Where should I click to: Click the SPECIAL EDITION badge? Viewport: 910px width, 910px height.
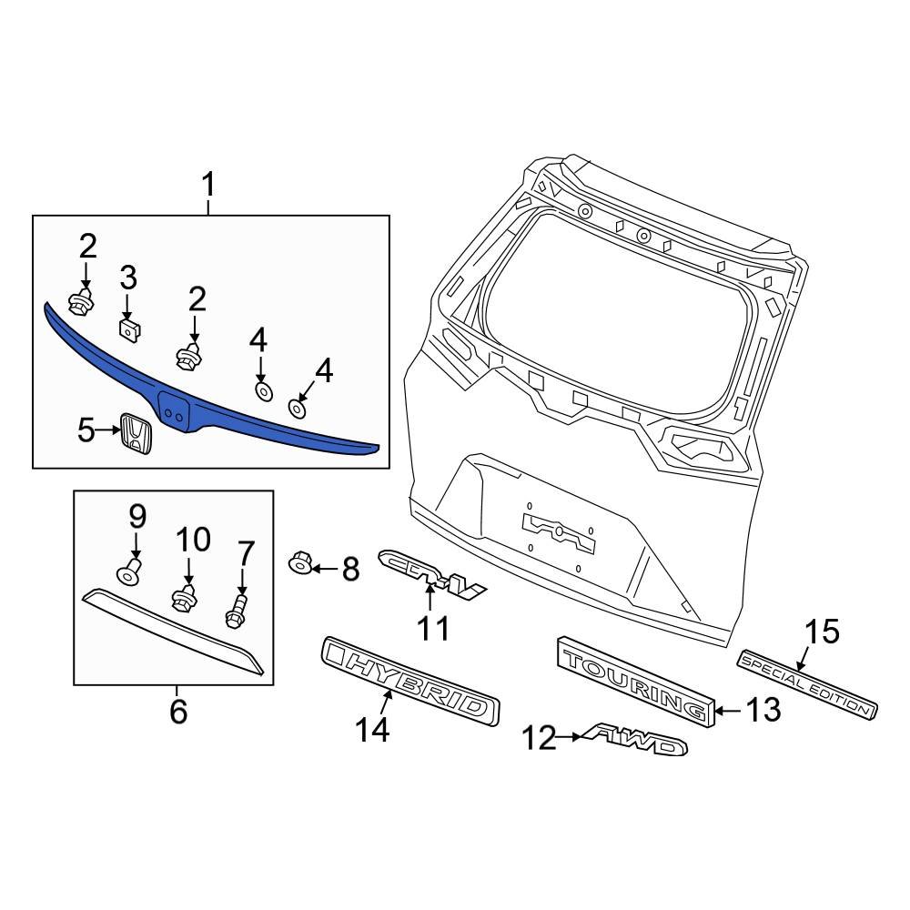coord(806,683)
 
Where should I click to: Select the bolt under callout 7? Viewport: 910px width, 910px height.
coord(238,611)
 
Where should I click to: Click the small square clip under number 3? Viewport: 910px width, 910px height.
coord(130,329)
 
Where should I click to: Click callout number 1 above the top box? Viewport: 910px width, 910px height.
coord(208,187)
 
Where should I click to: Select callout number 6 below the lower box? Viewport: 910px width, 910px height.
coord(177,711)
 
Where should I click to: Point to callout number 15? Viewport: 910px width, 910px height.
coord(823,632)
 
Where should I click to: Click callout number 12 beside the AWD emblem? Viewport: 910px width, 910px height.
coord(540,739)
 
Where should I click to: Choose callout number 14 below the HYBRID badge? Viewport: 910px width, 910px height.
coord(372,728)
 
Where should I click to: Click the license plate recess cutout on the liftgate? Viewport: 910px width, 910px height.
coord(558,527)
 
